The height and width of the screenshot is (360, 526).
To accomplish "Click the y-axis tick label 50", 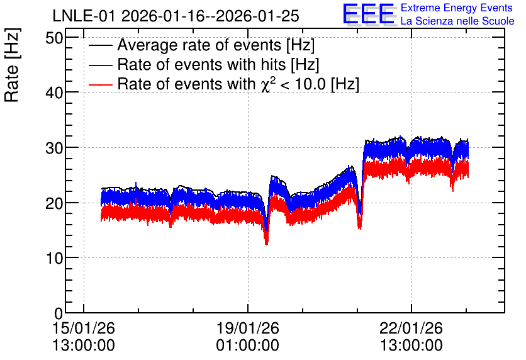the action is click(54, 38).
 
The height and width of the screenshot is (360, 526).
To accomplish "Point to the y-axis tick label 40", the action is click(54, 93).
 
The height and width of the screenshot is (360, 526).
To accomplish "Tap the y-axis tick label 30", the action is click(54, 148).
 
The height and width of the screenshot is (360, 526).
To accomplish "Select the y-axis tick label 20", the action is click(54, 203).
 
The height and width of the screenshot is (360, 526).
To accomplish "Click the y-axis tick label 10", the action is click(54, 258).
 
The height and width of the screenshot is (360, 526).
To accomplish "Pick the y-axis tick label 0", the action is click(59, 313).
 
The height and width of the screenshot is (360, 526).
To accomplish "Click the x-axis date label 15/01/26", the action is click(84, 328).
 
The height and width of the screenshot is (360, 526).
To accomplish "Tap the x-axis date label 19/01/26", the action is click(247, 328).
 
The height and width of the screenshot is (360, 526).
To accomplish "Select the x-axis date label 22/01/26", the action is click(411, 328).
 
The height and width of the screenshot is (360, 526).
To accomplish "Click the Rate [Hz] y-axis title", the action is click(12, 65).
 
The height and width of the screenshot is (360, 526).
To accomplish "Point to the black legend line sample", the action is click(100, 45).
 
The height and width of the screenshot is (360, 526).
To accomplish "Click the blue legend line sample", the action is click(100, 65).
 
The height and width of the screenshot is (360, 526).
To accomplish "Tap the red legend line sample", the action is click(100, 84).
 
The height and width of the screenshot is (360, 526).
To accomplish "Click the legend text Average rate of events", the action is click(199, 45).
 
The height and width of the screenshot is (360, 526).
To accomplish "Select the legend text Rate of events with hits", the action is click(201, 64).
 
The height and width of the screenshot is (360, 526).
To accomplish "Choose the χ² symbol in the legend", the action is click(266, 84).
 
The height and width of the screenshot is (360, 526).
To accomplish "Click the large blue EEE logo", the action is click(369, 14).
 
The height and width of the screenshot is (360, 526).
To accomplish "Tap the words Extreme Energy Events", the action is click(457, 8).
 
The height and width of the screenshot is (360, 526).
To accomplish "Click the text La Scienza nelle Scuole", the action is click(457, 21).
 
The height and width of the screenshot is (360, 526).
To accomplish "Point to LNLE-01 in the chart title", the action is click(85, 16).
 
